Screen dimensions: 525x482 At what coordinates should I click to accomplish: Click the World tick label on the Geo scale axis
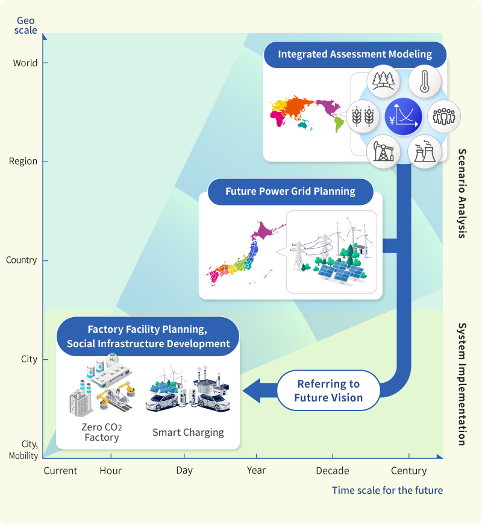coord(25,63)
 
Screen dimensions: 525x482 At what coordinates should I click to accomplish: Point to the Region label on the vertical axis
coord(23,162)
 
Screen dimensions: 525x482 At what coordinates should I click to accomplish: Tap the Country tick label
coord(21,260)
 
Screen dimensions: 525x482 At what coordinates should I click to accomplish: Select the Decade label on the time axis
coord(333,471)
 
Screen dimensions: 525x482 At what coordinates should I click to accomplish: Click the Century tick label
coord(409,471)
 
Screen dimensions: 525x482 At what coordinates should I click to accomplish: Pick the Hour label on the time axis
coord(110,471)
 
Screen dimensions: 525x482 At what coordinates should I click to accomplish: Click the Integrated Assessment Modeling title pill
coord(355,54)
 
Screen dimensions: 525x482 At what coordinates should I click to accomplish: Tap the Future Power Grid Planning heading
coord(290,192)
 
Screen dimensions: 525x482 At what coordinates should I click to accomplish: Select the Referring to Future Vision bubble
coord(328,391)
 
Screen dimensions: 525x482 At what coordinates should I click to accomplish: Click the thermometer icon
coord(424,80)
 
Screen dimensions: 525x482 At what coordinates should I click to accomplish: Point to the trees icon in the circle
coord(384,80)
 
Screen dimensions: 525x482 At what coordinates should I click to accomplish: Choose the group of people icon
coord(444,116)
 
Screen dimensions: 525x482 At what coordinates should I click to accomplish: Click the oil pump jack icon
coord(383,151)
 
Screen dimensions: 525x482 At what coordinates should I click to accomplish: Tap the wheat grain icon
coord(364,116)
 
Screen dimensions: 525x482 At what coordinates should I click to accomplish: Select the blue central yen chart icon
coord(403,116)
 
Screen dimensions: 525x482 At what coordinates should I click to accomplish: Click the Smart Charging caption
coord(188,432)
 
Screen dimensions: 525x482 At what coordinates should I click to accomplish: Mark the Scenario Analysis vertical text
coord(462,193)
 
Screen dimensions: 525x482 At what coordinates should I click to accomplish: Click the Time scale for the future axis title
coord(387,490)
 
